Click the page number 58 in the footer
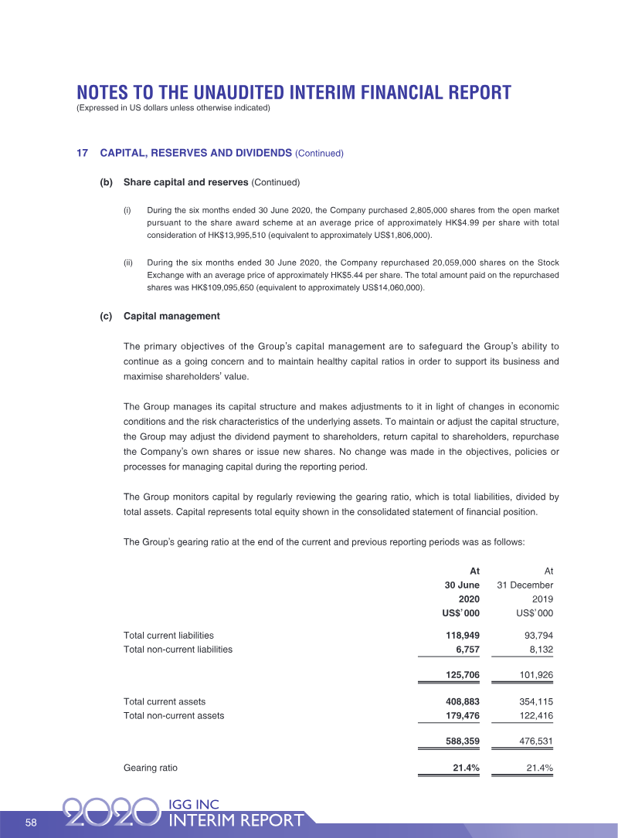(x=31, y=823)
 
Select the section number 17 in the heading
(x=82, y=153)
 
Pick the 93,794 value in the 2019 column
(x=535, y=635)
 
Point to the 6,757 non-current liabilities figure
(x=464, y=650)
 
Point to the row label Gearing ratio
(x=150, y=768)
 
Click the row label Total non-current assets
(x=174, y=715)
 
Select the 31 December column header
(x=525, y=585)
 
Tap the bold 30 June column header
(x=462, y=585)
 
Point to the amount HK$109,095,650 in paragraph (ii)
(x=219, y=288)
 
